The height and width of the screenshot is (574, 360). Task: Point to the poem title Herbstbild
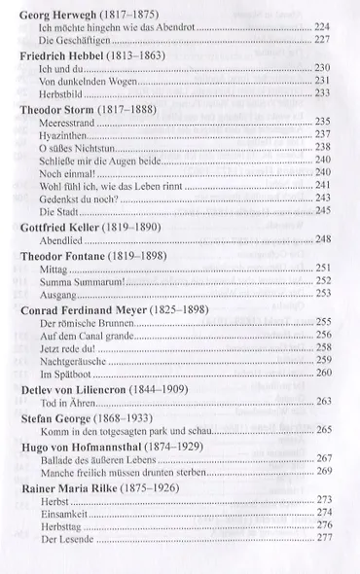(x=60, y=92)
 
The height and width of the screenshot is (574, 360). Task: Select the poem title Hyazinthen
(x=60, y=133)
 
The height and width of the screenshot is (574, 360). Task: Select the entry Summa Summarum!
(x=77, y=280)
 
